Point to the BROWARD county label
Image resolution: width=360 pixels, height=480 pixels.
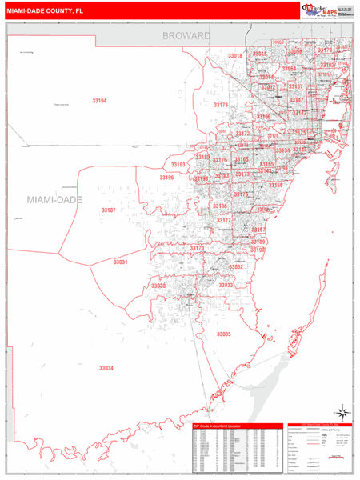coord(186,36)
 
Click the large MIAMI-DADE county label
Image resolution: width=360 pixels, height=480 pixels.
coord(54,198)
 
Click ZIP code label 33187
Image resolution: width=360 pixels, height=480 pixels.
coord(108,210)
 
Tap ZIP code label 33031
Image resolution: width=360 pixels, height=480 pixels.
coord(120,262)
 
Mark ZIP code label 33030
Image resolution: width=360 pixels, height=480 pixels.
coord(158,286)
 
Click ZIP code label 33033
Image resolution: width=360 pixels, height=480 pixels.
coord(226,286)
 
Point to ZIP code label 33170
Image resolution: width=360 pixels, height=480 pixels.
coord(197,249)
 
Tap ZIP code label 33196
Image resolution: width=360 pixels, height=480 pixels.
coord(166,178)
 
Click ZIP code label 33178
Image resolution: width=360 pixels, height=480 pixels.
coord(221,105)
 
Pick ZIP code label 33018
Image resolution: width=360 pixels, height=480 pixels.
coord(234,56)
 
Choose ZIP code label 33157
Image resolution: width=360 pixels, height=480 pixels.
coord(258,230)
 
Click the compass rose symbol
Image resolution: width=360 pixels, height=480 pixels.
coord(342,409)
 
